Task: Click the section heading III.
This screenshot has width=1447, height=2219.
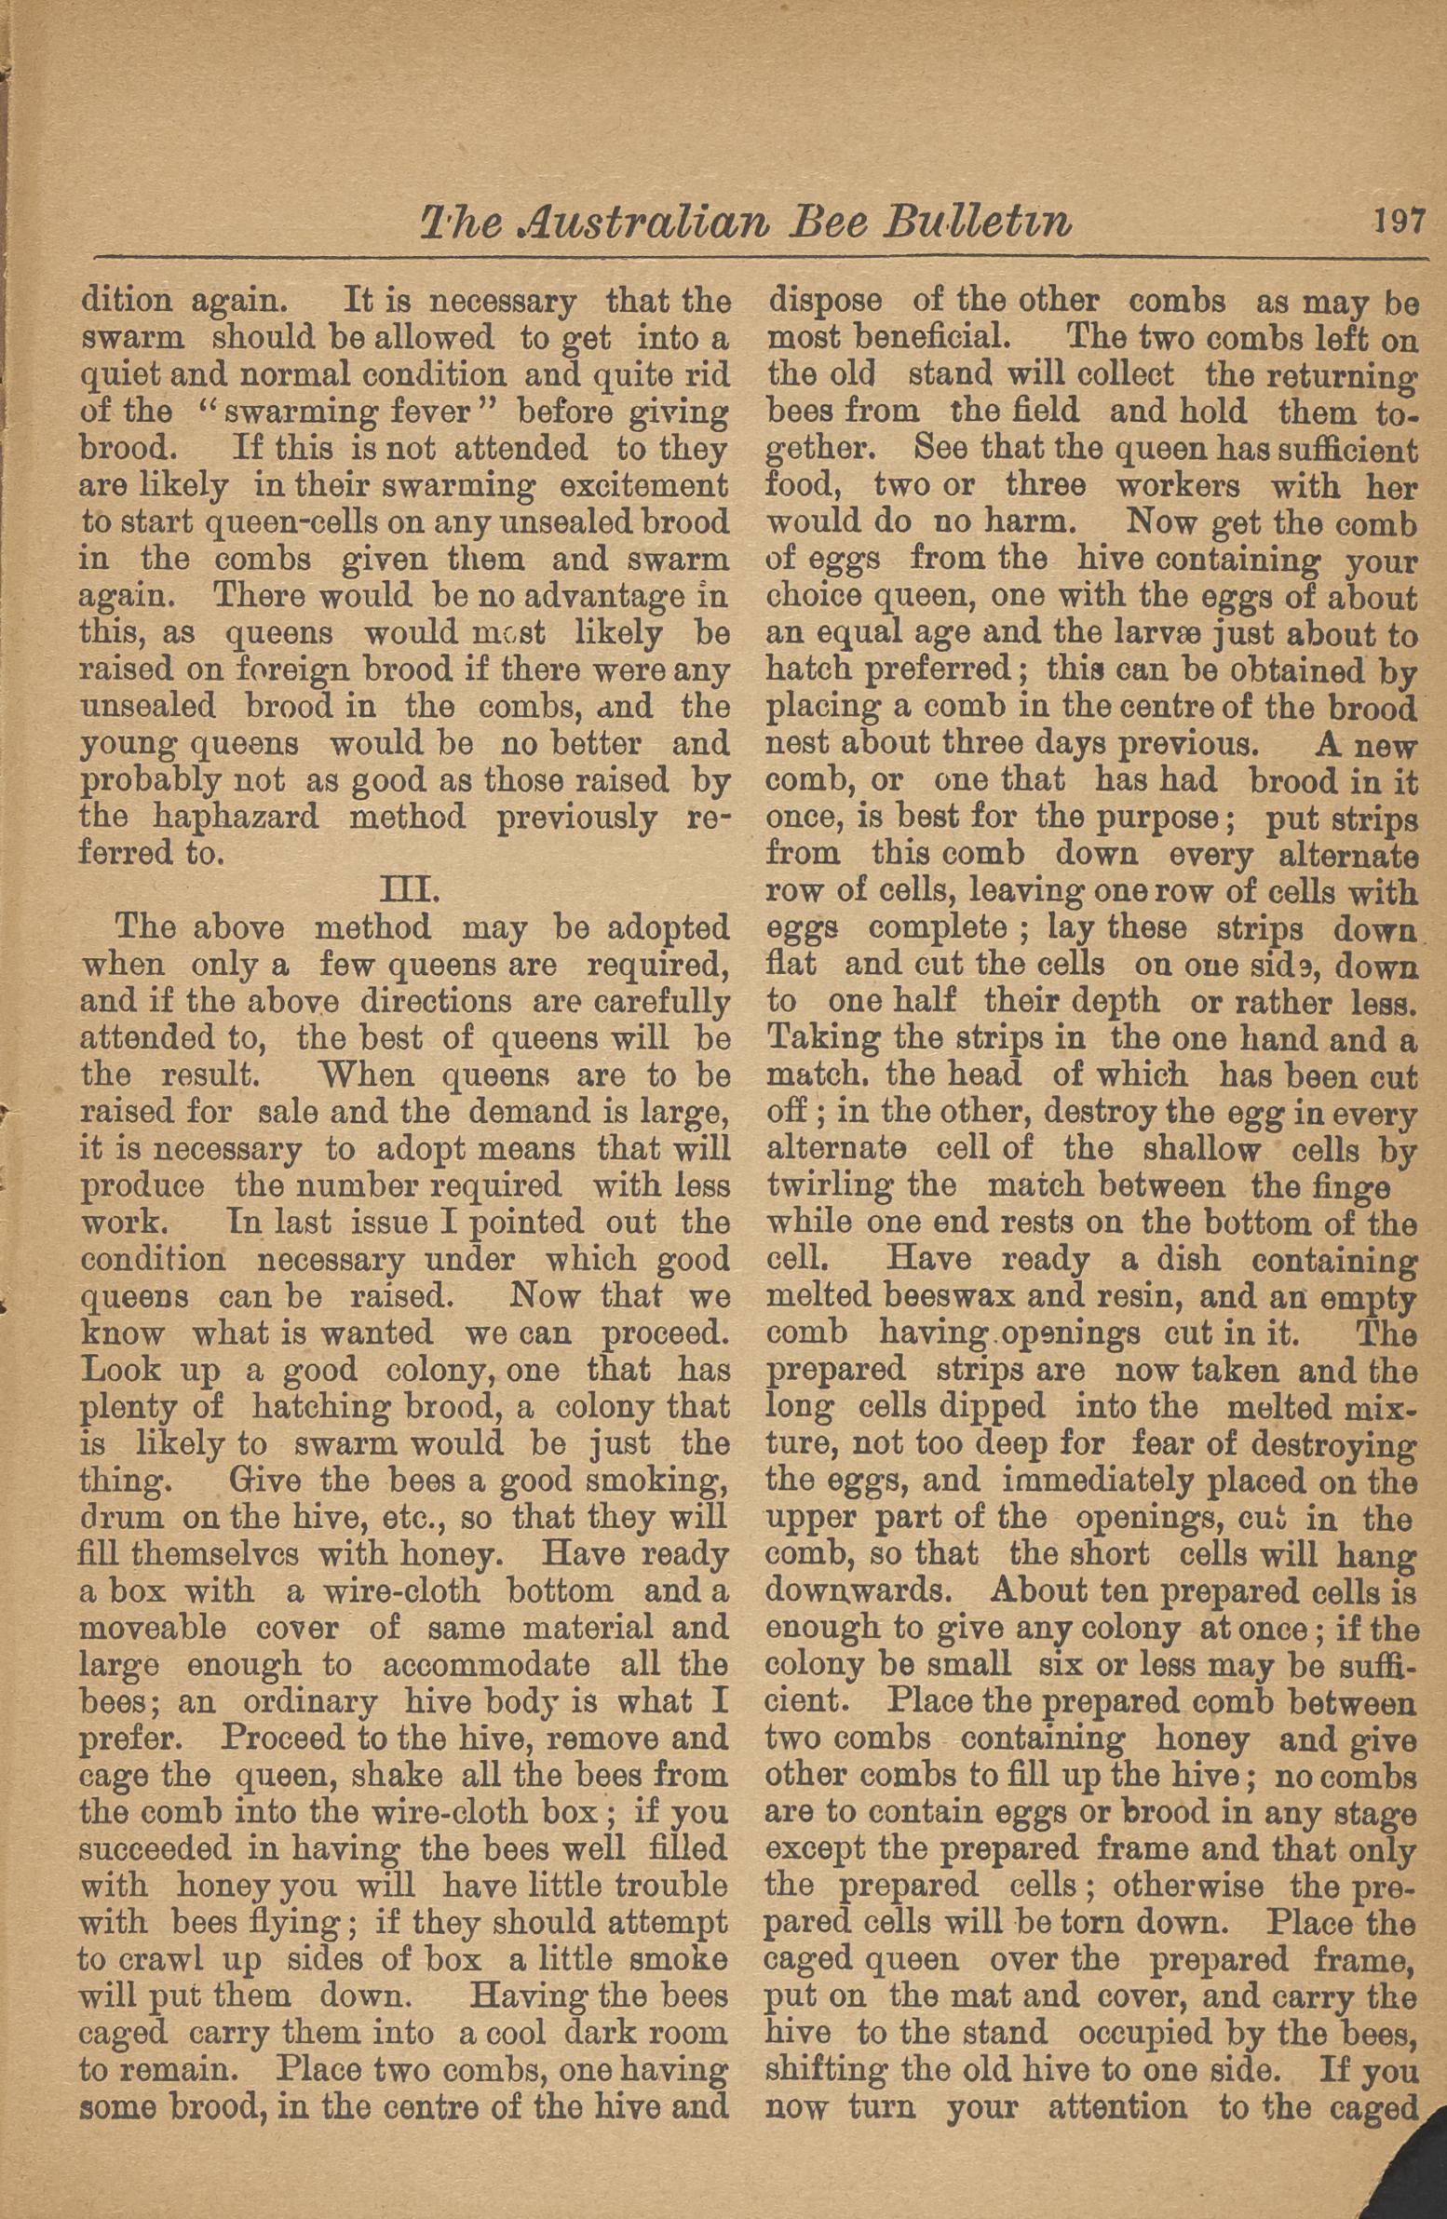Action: click(406, 890)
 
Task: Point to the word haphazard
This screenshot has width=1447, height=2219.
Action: click(236, 817)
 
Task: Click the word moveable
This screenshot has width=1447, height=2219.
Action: click(153, 1627)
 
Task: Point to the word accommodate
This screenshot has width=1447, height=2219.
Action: click(486, 1664)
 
